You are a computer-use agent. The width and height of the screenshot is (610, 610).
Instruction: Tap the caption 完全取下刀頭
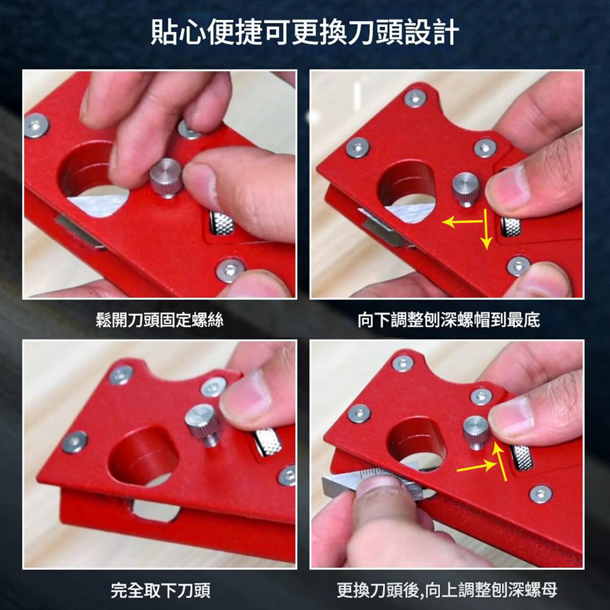(160, 590)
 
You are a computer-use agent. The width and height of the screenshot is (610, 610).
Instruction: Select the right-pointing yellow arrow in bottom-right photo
(476, 467)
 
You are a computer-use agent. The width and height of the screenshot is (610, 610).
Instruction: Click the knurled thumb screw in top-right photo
(465, 188)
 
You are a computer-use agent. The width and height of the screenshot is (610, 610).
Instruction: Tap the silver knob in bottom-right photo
(476, 430)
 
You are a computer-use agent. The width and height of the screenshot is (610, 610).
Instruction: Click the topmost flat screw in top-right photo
(415, 98)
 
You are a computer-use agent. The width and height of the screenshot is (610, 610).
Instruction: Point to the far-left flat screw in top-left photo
(37, 125)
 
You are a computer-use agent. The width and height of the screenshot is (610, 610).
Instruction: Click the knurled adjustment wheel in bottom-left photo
(268, 442)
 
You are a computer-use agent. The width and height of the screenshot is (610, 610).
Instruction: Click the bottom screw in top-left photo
(231, 270)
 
